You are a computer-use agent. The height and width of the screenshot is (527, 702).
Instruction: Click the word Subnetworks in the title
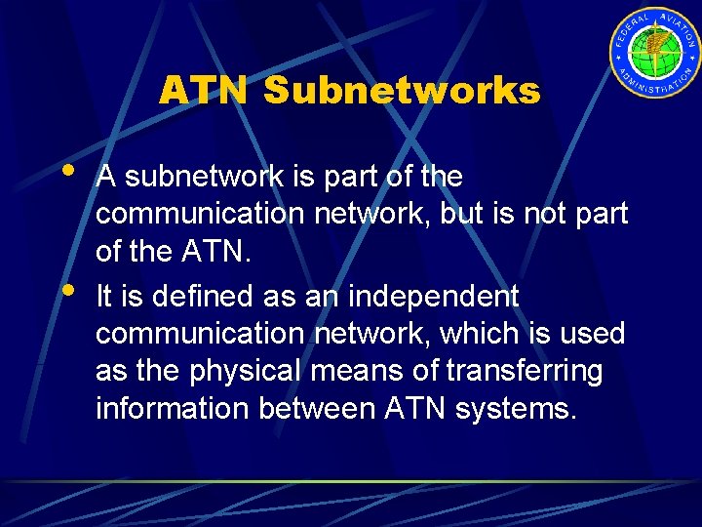pyautogui.click(x=401, y=91)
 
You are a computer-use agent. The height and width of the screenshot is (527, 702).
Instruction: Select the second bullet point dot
pyautogui.click(x=66, y=290)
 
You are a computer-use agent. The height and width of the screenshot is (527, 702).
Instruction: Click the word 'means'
pyautogui.click(x=367, y=372)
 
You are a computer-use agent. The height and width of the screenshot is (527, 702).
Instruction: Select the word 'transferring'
pyautogui.click(x=525, y=372)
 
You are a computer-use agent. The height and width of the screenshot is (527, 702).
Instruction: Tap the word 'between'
pyautogui.click(x=313, y=409)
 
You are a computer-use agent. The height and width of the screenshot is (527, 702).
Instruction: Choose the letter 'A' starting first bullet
pyautogui.click(x=107, y=177)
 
